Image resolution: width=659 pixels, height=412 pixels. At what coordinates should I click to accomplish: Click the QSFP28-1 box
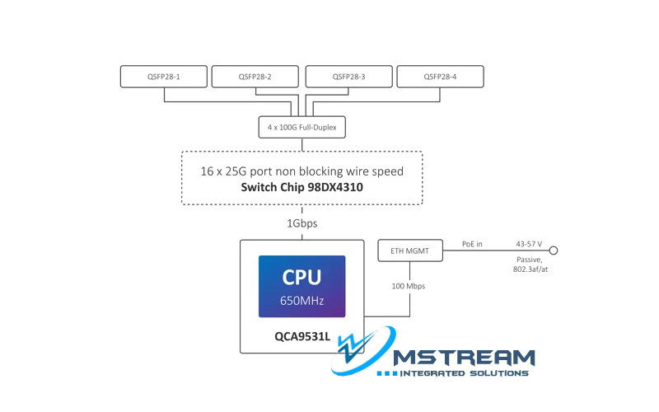[164, 77]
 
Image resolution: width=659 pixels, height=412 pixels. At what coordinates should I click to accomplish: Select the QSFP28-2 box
[255, 77]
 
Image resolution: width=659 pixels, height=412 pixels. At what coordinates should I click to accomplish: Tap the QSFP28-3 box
[348, 77]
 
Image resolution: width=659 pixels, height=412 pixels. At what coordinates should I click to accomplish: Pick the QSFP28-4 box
[440, 77]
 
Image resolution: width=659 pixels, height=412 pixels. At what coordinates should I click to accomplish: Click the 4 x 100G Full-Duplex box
[301, 128]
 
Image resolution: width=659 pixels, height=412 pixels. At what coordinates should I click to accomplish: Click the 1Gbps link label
[301, 222]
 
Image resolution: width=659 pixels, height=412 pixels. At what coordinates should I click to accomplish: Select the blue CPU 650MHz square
[302, 286]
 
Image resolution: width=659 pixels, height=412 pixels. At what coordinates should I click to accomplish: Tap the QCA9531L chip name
[301, 336]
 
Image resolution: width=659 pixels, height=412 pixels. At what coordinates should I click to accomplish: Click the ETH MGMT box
[409, 250]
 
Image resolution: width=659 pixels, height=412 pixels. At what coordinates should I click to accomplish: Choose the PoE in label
[472, 245]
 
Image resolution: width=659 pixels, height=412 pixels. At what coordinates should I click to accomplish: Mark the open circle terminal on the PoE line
[554, 250]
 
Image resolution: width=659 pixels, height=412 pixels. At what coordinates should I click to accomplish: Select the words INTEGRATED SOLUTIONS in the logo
[463, 373]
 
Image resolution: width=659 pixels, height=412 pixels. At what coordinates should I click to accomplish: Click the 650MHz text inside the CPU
[302, 301]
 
